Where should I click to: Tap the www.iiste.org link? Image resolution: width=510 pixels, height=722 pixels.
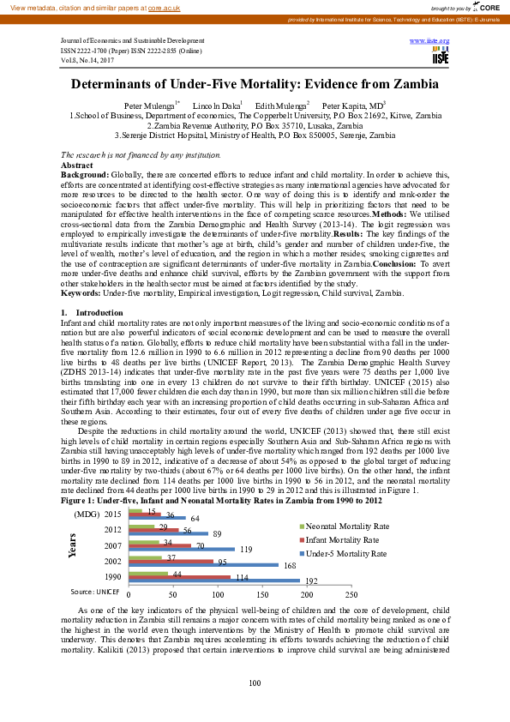[x=430, y=40]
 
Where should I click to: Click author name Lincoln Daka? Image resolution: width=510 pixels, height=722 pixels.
[x=219, y=105]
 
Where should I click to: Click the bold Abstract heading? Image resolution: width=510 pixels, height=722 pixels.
[x=77, y=164]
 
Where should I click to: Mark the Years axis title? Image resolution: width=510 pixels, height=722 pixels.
[x=75, y=544]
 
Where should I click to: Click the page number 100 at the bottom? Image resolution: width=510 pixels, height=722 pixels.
[x=255, y=683]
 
